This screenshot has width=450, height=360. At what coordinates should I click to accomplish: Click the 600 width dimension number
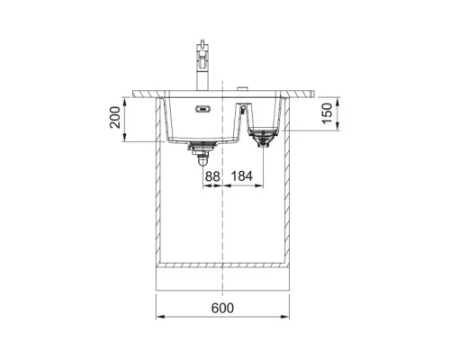pos(222,308)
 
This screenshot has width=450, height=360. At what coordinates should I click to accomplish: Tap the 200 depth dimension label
pos(115,117)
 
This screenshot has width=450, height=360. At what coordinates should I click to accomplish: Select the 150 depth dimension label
pos(328,113)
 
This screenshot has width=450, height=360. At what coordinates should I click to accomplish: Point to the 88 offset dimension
pos(212,176)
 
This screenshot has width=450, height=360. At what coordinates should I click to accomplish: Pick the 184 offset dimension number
pos(242,176)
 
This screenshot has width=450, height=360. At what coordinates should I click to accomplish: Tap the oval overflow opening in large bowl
pos(202,109)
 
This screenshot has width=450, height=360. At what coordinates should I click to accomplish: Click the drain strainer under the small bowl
pos(263,137)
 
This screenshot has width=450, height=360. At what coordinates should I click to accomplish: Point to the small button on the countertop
pos(242,88)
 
